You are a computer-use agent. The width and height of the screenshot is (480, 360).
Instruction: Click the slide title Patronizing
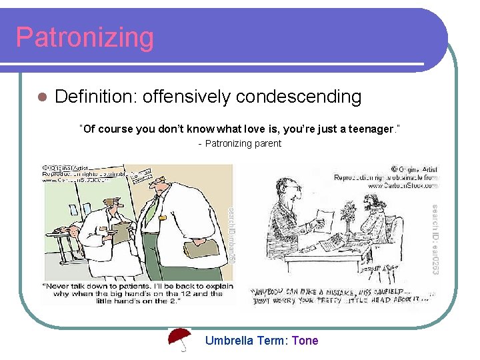point(85,37)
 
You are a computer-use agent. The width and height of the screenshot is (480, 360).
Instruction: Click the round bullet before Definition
point(41,97)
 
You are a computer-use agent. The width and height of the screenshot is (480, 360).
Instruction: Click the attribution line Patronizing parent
point(241,143)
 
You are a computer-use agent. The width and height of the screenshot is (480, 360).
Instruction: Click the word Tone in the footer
point(305,341)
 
